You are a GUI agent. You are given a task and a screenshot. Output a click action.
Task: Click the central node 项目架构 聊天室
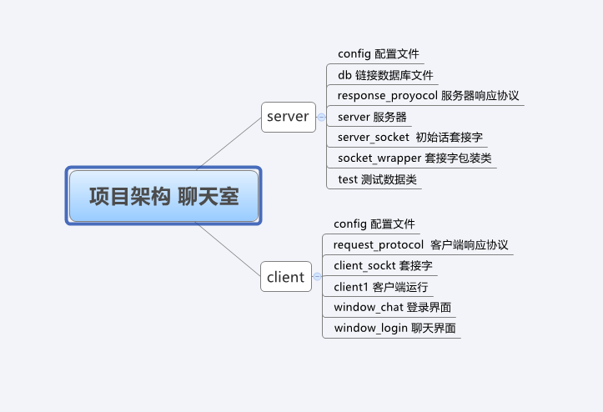coord(163,196)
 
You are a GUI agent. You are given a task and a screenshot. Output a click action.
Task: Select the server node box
coord(288,117)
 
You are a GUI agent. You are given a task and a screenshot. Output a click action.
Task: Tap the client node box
coord(285,277)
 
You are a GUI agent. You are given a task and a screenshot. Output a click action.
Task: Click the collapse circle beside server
coord(321,118)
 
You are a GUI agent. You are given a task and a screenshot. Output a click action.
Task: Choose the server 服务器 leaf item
coord(372,117)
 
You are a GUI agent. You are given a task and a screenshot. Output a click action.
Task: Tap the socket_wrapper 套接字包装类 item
coord(415,158)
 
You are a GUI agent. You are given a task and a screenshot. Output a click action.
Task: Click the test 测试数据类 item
coord(376,178)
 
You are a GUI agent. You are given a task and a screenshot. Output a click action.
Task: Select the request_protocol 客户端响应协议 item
coord(420,244)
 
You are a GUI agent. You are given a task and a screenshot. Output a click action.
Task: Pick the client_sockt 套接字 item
coord(382,265)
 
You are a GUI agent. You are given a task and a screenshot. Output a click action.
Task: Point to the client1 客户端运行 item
coord(380,287)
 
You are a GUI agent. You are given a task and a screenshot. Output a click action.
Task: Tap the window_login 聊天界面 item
coord(394,328)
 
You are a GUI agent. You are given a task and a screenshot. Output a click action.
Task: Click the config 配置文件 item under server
coord(378,54)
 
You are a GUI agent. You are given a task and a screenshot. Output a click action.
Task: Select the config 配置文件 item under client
coord(374,224)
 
